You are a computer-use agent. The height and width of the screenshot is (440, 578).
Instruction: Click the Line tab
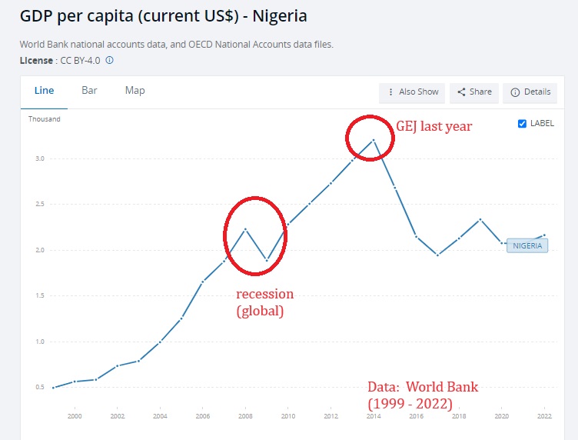(x=44, y=91)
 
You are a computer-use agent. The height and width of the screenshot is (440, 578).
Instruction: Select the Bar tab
(x=89, y=91)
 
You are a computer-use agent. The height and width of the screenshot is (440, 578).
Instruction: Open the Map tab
(x=135, y=91)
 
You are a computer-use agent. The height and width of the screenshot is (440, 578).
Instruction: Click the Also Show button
(x=413, y=92)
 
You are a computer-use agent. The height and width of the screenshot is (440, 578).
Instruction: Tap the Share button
(x=474, y=92)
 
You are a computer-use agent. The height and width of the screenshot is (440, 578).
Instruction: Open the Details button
(x=530, y=92)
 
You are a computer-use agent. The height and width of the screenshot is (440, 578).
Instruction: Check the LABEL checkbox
(x=523, y=123)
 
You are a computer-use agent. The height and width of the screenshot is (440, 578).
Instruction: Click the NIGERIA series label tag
(x=527, y=246)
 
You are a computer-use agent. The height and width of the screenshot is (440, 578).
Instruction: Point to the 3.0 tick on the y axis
(x=38, y=159)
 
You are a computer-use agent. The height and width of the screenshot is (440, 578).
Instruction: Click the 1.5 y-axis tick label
(x=38, y=296)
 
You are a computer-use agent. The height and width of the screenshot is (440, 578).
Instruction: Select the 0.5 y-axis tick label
(x=38, y=388)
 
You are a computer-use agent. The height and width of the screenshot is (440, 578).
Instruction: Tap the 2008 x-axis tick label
(x=244, y=417)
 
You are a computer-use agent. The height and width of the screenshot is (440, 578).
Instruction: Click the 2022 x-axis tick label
(x=543, y=417)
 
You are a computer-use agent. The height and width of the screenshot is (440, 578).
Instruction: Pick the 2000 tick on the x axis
(x=75, y=417)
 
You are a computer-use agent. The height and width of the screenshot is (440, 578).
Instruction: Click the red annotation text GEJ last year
(x=433, y=127)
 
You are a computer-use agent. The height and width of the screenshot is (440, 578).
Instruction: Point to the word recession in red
(x=264, y=295)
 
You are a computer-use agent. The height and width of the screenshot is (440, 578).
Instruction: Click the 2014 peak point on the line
(x=373, y=140)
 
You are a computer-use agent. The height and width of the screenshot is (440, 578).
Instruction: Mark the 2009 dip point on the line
(x=267, y=261)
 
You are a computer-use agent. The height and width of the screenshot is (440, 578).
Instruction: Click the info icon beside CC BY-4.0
(x=110, y=60)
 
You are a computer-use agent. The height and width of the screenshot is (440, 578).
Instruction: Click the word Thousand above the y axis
(x=45, y=119)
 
